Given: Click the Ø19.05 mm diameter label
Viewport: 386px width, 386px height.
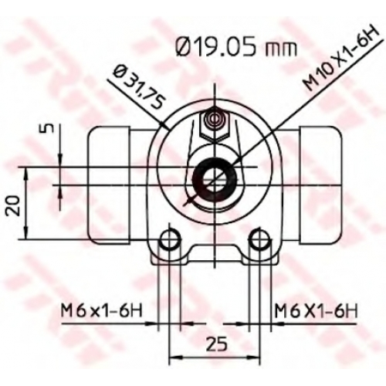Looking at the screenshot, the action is (x=235, y=47).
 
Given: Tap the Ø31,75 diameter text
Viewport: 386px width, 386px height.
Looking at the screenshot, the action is (x=140, y=87).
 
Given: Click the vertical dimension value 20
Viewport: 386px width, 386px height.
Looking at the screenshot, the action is (x=13, y=205).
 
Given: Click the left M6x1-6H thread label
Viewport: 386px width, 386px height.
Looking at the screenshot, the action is (x=101, y=311).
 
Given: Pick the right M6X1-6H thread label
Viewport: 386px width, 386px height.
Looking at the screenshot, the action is (x=317, y=311).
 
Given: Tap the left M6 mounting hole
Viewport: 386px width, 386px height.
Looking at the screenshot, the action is (x=170, y=239).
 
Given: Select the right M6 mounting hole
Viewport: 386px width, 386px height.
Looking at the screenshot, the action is (x=259, y=239).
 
